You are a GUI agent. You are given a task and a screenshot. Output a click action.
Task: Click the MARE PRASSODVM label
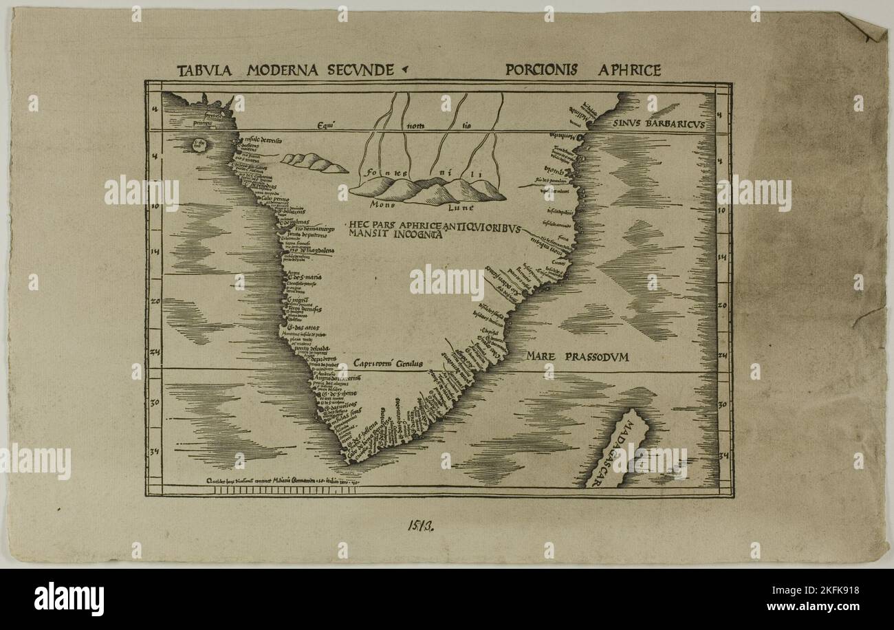578,356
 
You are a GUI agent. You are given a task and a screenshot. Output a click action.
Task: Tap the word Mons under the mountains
382,204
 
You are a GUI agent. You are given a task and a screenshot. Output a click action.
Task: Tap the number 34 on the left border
154,452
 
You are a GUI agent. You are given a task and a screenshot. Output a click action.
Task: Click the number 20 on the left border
155,301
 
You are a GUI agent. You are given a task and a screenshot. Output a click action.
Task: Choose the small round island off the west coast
200,144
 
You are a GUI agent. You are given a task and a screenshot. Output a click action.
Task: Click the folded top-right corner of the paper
869,26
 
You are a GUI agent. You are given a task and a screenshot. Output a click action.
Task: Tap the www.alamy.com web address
825,607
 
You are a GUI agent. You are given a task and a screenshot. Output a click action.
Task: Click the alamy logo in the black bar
69,598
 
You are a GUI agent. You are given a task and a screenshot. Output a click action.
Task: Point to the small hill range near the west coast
314,163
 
